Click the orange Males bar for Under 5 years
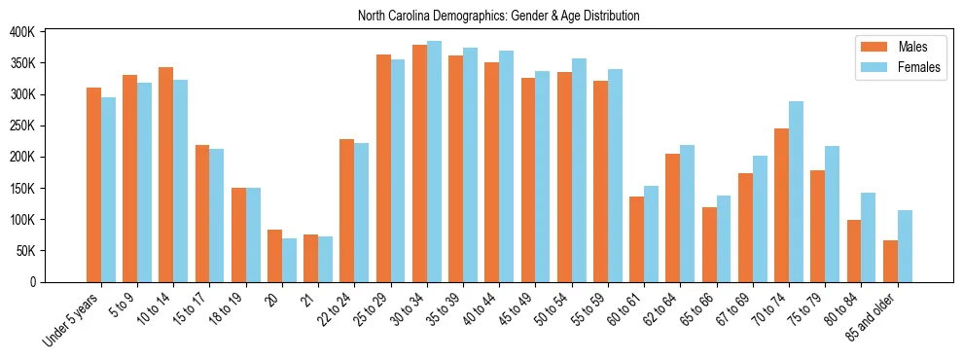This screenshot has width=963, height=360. click(x=93, y=185)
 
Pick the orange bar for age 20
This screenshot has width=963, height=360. click(x=274, y=256)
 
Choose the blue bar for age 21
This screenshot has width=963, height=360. click(x=326, y=259)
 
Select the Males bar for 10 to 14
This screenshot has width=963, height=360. click(x=165, y=175)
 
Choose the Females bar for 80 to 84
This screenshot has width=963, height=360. click(x=868, y=237)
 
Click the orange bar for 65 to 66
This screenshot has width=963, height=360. click(x=709, y=244)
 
